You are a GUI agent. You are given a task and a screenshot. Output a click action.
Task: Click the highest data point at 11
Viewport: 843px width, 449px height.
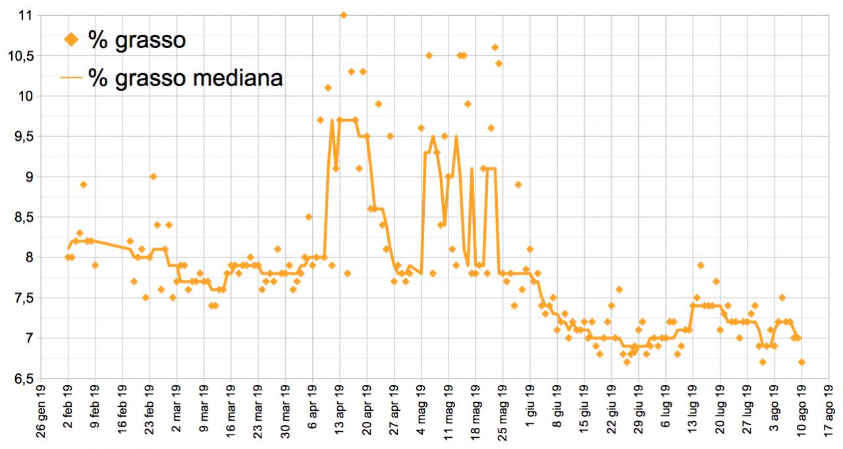[x=343, y=15]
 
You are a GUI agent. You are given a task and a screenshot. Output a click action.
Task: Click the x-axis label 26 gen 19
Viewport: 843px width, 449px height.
[x=41, y=415]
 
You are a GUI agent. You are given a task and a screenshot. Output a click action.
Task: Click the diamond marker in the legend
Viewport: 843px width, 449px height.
[x=71, y=40]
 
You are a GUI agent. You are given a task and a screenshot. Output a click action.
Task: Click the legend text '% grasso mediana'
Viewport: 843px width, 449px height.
[x=186, y=78]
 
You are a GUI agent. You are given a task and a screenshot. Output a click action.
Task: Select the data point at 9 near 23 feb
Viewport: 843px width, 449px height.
[x=153, y=176]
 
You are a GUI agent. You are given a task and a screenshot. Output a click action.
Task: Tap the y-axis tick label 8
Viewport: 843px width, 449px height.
[x=28, y=257]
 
